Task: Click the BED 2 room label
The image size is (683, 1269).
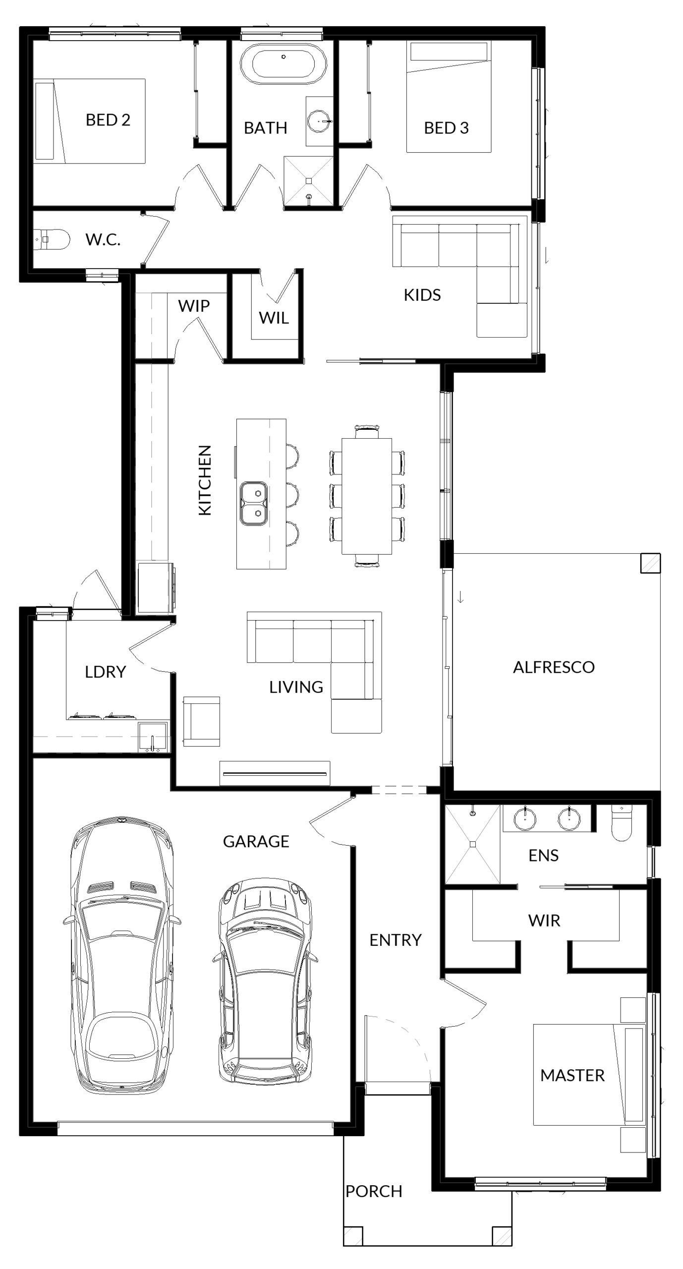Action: click(x=108, y=119)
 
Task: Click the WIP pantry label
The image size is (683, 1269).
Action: click(x=194, y=306)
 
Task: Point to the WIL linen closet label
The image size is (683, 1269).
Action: click(x=274, y=318)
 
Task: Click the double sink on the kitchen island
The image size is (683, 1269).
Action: click(x=254, y=504)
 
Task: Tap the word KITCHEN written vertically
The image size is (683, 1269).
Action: click(x=205, y=480)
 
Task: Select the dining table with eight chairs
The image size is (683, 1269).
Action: click(x=367, y=496)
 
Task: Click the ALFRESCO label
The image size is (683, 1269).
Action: click(x=554, y=667)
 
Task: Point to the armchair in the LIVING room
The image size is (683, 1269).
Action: click(x=201, y=721)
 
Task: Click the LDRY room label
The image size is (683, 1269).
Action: click(x=105, y=672)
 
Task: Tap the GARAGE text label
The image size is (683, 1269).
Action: click(x=256, y=841)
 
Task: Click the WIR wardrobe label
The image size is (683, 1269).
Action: click(x=544, y=921)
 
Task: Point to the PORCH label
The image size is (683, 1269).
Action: click(x=374, y=1191)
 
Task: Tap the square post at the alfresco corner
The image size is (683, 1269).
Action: click(x=650, y=564)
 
